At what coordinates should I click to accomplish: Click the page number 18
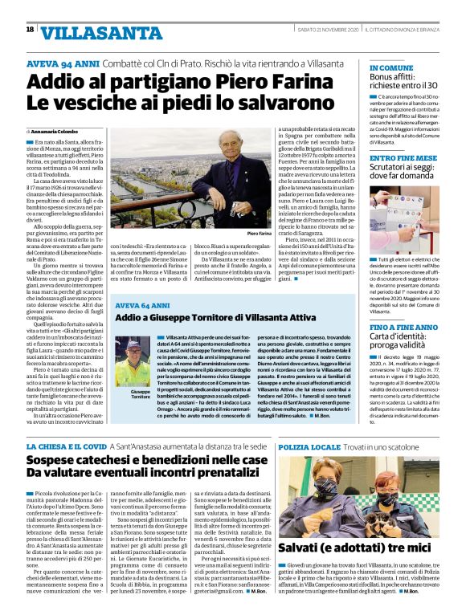(x=31, y=30)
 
